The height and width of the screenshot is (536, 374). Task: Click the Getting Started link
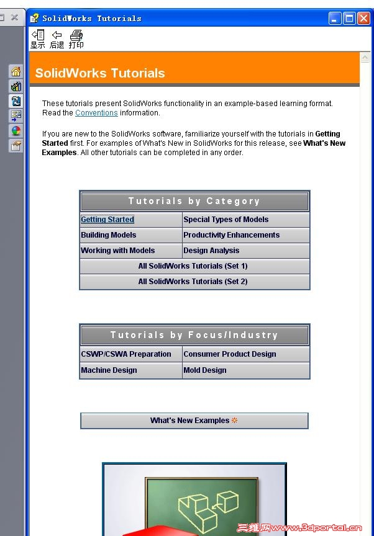(107, 220)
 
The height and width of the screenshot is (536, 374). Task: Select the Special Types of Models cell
(226, 220)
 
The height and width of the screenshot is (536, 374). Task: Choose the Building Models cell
(109, 235)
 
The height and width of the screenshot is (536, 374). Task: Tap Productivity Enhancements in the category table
(231, 235)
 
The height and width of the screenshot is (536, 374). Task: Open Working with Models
(118, 251)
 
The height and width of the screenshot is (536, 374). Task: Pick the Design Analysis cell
(211, 251)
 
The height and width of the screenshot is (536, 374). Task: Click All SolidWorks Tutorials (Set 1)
(193, 266)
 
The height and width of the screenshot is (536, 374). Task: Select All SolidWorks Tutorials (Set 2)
(193, 282)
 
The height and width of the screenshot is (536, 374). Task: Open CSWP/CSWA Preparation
(126, 354)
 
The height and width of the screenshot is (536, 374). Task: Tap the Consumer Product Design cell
(230, 354)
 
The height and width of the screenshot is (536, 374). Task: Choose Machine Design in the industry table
(109, 370)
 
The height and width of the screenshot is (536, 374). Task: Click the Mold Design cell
(205, 370)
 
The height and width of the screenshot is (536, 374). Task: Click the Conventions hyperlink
(96, 113)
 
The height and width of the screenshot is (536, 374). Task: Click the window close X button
(363, 19)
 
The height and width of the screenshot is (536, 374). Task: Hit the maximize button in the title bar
(349, 19)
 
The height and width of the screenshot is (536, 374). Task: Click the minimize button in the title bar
(335, 19)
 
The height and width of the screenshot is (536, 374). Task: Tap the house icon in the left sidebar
(16, 71)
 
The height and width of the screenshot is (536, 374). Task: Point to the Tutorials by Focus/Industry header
(194, 335)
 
